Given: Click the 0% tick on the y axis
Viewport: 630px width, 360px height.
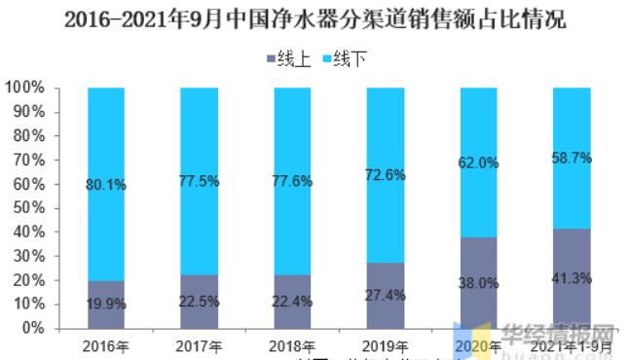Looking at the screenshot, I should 32,329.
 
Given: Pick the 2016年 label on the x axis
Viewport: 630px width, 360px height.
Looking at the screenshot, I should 106,345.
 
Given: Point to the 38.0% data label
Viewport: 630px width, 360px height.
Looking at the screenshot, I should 478,284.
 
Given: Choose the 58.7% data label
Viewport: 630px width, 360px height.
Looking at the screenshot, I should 572,158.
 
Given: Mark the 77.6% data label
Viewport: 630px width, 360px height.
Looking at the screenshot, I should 292,181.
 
